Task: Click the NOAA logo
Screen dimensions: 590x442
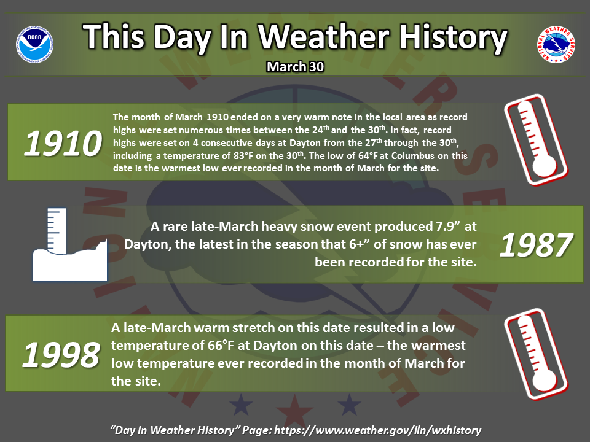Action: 34,44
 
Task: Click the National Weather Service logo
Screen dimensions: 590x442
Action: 556,44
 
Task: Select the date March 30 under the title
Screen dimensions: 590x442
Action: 296,66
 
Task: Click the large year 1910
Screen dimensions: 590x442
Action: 63,143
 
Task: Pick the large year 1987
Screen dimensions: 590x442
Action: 536,245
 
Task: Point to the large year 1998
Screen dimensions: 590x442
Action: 61,355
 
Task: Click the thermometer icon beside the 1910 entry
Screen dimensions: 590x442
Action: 536,140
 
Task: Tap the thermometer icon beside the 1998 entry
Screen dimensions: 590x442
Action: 536,354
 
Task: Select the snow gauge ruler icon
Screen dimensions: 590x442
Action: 70,244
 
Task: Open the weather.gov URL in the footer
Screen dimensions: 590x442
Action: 378,430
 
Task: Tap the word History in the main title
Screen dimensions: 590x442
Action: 454,37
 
